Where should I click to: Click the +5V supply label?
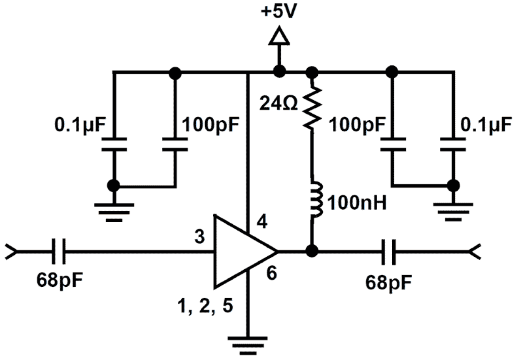click(278, 11)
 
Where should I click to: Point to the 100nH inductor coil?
click(315, 200)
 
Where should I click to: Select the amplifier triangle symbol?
click(242, 252)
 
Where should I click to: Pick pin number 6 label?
click(270, 274)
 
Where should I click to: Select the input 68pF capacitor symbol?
click(58, 252)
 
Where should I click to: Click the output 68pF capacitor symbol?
click(388, 252)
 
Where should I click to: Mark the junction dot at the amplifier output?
click(311, 251)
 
